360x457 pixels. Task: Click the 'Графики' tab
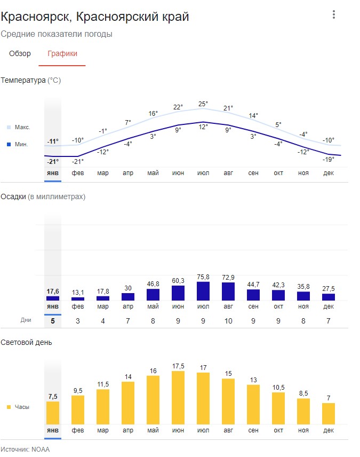click(x=62, y=53)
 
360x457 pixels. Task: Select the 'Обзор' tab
click(x=20, y=53)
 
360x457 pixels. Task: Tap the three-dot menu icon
click(x=334, y=14)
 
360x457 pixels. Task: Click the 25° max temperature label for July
click(x=203, y=104)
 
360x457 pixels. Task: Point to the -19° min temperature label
click(x=328, y=160)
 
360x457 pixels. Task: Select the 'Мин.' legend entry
click(x=18, y=144)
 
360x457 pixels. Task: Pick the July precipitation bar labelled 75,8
click(x=203, y=291)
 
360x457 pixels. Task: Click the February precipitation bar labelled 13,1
click(x=78, y=299)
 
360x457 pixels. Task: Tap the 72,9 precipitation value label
click(x=228, y=277)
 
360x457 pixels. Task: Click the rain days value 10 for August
click(x=228, y=321)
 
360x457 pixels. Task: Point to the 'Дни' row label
click(x=26, y=320)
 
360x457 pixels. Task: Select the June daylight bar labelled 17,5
click(x=178, y=398)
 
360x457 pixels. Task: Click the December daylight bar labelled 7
click(x=328, y=414)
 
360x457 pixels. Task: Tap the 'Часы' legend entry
click(x=18, y=407)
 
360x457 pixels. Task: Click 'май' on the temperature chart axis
click(x=153, y=173)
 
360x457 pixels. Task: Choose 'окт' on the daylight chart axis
click(x=278, y=430)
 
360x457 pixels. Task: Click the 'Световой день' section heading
click(x=26, y=342)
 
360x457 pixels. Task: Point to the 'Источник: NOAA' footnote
click(x=25, y=449)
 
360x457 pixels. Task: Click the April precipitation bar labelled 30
click(x=128, y=297)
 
